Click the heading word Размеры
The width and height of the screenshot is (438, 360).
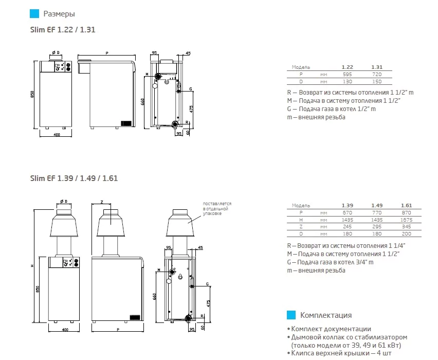pyautogui.click(x=59, y=14)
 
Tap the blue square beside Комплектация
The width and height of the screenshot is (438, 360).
pyautogui.click(x=291, y=315)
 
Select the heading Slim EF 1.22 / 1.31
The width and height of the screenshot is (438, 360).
pyautogui.click(x=63, y=30)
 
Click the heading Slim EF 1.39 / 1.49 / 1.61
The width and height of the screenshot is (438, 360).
pyautogui.click(x=74, y=178)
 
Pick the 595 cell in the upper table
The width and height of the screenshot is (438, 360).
pyautogui.click(x=348, y=75)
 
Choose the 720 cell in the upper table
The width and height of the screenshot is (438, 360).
pyautogui.click(x=376, y=75)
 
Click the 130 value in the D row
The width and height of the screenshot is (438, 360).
pyautogui.click(x=348, y=82)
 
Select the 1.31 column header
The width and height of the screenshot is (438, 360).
pyautogui.click(x=376, y=67)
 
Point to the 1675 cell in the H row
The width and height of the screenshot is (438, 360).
pyautogui.click(x=406, y=219)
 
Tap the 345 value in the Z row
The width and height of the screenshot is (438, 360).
pyautogui.click(x=406, y=226)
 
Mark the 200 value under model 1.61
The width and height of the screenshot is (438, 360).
pyautogui.click(x=406, y=233)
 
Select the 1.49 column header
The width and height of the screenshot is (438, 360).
pyautogui.click(x=376, y=205)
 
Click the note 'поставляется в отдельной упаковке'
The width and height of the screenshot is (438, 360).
pyautogui.click(x=215, y=208)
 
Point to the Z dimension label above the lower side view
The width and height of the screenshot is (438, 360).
pyautogui.click(x=102, y=202)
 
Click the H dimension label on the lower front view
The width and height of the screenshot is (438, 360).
pyautogui.click(x=32, y=266)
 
